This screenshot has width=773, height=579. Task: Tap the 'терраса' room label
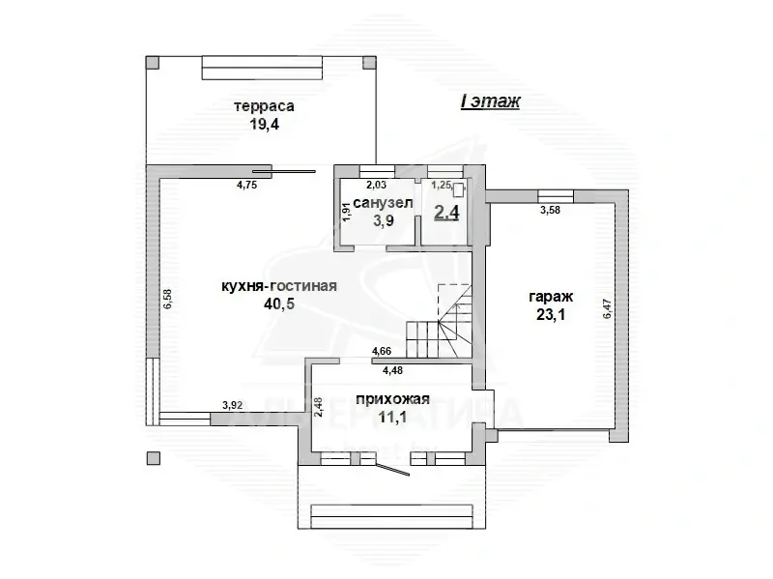[263, 105]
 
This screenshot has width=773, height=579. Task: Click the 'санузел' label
[383, 203]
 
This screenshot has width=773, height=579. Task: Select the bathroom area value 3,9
[383, 220]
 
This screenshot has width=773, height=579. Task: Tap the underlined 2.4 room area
[446, 213]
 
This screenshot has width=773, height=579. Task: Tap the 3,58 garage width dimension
[550, 209]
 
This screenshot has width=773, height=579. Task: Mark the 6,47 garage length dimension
[607, 306]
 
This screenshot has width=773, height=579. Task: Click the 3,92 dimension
[232, 406]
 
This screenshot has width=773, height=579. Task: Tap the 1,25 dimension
[442, 184]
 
